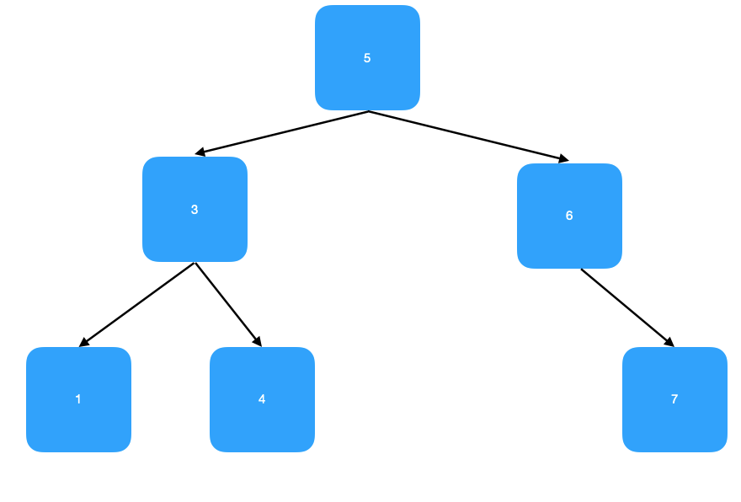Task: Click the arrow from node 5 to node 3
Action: (282, 132)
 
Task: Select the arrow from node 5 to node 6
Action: (468, 136)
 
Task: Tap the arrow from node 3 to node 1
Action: (136, 305)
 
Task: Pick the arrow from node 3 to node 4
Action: (228, 305)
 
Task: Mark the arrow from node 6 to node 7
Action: (627, 307)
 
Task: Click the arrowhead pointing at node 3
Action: (200, 153)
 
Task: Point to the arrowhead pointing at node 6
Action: (563, 158)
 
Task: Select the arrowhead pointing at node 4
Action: (258, 343)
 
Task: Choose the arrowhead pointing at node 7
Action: (670, 343)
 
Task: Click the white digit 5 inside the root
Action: (367, 58)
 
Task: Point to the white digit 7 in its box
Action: (674, 399)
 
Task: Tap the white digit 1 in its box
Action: (78, 399)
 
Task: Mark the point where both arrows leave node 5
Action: (368, 111)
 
